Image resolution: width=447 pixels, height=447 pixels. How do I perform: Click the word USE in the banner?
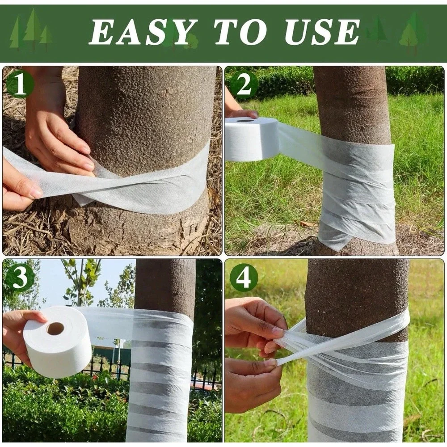(320, 31)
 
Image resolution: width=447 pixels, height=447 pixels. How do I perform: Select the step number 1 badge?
(20, 84)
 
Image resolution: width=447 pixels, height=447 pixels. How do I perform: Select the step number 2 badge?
(243, 85)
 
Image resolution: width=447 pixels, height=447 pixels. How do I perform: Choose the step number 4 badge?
(243, 278)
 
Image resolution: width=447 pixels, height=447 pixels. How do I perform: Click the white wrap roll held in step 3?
(57, 342)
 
